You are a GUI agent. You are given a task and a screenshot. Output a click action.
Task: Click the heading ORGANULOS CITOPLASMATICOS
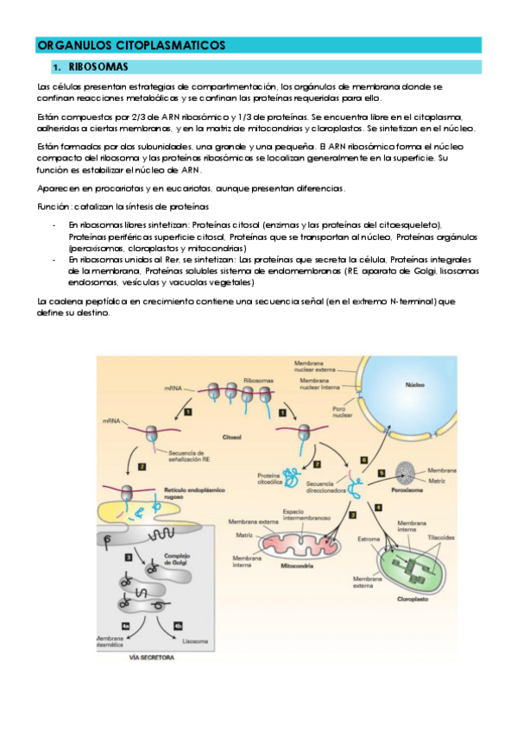131,45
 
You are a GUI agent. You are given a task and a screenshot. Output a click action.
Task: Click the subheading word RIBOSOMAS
101,67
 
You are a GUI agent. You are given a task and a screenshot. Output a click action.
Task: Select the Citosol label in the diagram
233,438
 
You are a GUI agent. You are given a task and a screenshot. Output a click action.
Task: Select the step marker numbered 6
364,460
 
